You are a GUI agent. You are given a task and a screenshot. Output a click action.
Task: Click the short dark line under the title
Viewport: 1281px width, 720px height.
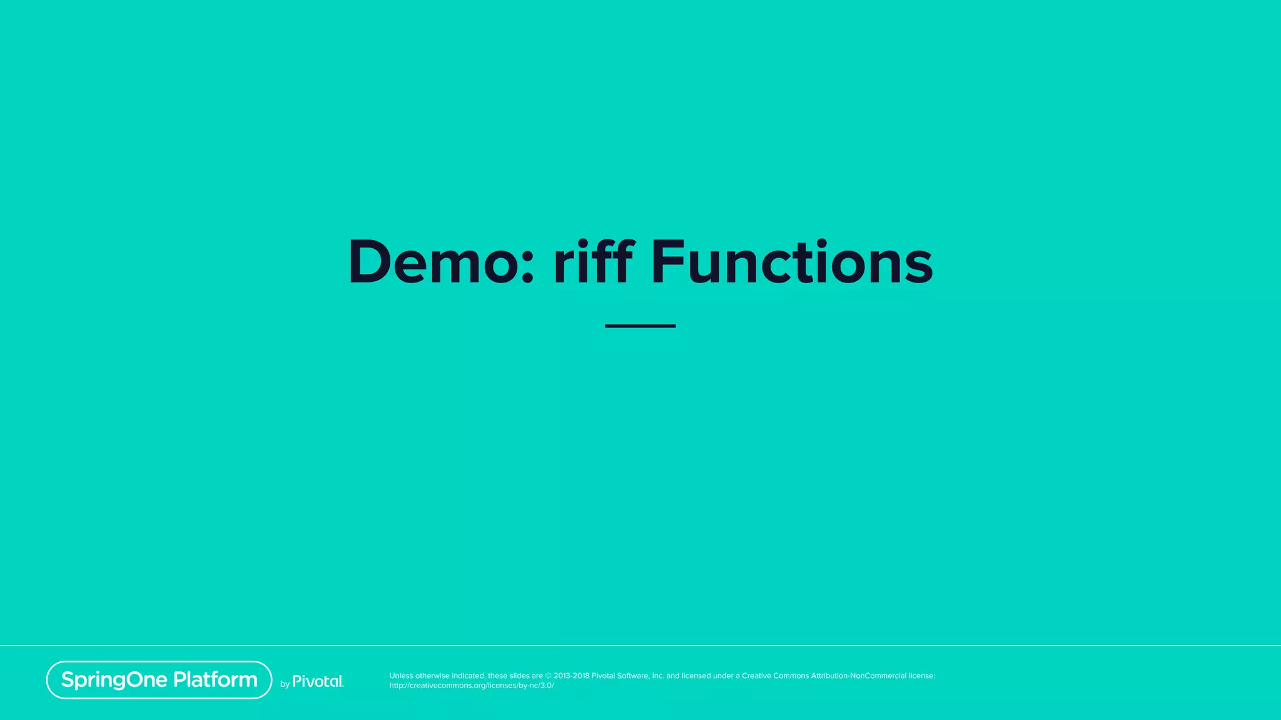click(640, 326)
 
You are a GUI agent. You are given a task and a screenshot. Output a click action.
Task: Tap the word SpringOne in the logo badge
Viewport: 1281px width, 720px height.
click(114, 680)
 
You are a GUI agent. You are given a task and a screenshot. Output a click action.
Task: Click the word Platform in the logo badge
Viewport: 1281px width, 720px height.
click(215, 679)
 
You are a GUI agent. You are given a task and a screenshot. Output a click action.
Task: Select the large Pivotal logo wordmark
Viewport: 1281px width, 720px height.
click(318, 681)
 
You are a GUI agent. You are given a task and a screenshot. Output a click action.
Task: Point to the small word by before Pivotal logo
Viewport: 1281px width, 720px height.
click(285, 684)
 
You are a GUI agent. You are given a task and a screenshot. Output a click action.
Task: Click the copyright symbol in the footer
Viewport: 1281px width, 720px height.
click(549, 676)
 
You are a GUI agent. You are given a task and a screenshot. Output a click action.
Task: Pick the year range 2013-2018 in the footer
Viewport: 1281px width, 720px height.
click(571, 676)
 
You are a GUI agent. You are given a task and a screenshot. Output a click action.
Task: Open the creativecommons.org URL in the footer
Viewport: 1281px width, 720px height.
click(472, 686)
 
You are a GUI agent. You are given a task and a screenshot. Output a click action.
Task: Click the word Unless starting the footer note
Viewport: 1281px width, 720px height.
click(401, 676)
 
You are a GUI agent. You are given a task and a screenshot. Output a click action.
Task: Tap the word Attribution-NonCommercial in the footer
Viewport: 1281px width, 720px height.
click(859, 676)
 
